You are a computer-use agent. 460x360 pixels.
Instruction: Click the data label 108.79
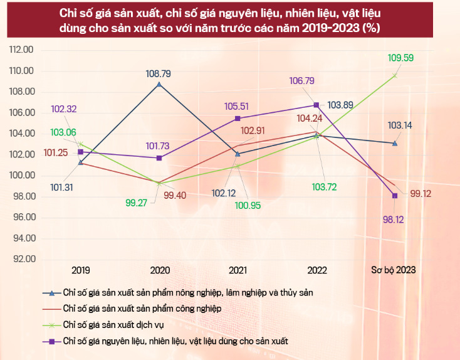[x=159, y=73]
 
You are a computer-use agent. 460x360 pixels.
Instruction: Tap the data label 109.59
[x=402, y=58]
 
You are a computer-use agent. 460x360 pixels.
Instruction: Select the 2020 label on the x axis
[x=160, y=270]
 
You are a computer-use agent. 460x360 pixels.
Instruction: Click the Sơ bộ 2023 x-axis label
[x=394, y=270]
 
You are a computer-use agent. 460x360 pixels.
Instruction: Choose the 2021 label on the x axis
[x=238, y=270]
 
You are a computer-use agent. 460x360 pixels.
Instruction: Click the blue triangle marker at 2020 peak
[x=159, y=84]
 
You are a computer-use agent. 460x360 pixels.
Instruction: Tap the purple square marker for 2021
[x=238, y=119]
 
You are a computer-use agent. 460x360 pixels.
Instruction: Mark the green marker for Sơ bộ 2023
[x=395, y=75]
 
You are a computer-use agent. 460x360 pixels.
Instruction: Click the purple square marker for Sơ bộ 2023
[x=395, y=196]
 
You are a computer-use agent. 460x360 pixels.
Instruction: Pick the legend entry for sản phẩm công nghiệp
[x=142, y=309]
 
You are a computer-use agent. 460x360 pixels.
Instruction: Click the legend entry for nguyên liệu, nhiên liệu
[x=179, y=340]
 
